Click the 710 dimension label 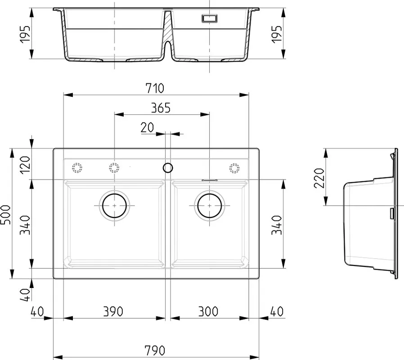155,88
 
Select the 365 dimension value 161,108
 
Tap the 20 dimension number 148,127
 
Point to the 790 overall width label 155,351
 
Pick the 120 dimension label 25,165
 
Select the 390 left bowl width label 113,311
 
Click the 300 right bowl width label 208,311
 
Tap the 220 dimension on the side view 319,178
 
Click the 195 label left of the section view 25,34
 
